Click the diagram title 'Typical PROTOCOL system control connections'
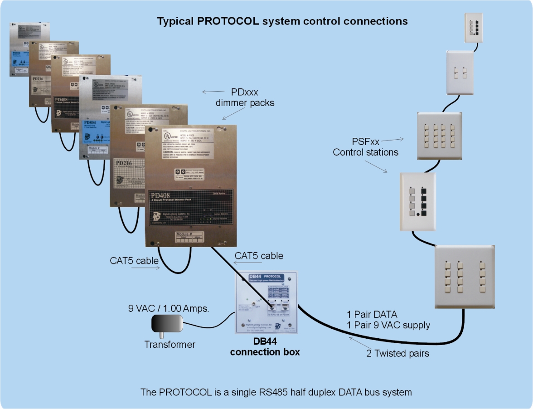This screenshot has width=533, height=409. (x=282, y=21)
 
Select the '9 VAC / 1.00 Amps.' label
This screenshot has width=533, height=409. (x=169, y=309)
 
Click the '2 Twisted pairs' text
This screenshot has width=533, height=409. (x=397, y=353)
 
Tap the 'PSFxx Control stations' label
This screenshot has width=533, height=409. (x=365, y=147)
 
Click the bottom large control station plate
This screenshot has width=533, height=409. (x=464, y=276)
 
